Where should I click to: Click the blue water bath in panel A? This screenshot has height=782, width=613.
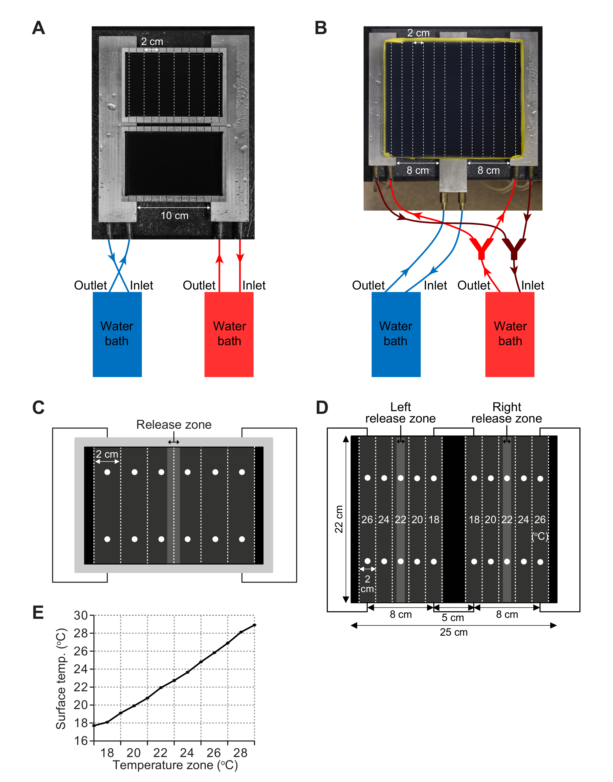[117, 334]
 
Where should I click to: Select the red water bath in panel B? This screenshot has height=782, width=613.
[510, 334]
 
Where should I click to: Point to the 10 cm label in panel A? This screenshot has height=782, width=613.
[175, 216]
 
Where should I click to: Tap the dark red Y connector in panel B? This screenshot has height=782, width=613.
[514, 248]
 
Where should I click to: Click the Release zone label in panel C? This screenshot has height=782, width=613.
[174, 425]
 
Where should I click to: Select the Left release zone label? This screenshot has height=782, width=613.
[400, 413]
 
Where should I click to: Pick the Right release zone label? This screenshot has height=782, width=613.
[506, 413]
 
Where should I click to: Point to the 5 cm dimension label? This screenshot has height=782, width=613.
[453, 618]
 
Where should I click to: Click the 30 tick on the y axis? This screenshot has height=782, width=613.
[81, 615]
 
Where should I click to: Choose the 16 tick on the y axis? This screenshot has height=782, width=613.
[81, 740]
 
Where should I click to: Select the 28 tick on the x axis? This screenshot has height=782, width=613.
[241, 753]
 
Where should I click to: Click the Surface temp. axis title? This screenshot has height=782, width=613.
[61, 678]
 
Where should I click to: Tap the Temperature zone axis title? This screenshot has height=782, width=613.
[175, 765]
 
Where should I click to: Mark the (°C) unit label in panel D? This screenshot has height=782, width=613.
[540, 536]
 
